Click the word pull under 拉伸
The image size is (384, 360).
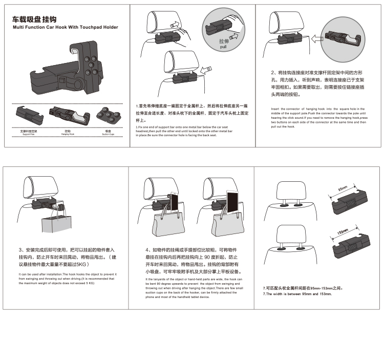(x=223, y=47)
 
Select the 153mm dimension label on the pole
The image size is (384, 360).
(x=342, y=236)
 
